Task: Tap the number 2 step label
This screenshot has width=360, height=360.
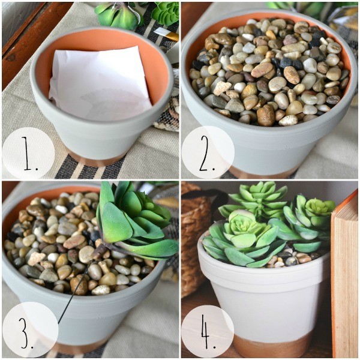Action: tap(208, 153)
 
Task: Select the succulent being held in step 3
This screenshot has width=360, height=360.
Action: tap(136, 223)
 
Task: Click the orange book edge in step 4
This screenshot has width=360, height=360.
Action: tap(344, 275)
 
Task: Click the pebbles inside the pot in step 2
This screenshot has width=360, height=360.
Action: tap(269, 73)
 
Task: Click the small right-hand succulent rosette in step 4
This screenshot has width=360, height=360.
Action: tap(319, 206)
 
